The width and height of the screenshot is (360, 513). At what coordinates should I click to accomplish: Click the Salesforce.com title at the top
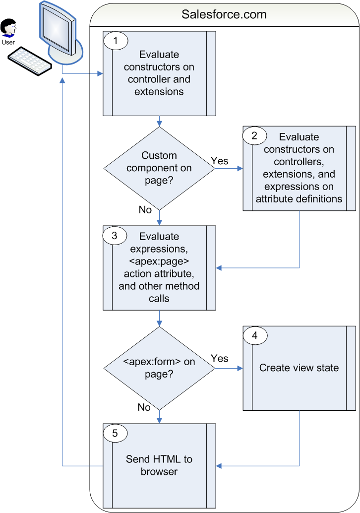(x=224, y=14)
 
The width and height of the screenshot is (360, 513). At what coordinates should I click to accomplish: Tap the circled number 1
(x=116, y=41)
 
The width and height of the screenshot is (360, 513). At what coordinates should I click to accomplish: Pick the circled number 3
(x=115, y=236)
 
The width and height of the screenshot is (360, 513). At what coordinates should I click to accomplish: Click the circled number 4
(x=255, y=335)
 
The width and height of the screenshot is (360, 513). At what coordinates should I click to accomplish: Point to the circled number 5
(x=115, y=433)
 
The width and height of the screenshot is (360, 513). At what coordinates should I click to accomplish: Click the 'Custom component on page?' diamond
(x=159, y=168)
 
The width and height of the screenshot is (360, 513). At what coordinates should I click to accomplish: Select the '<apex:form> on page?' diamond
(x=159, y=368)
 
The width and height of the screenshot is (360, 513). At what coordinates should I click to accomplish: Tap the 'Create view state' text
(x=299, y=368)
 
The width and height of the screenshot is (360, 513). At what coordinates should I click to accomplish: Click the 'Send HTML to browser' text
(x=159, y=465)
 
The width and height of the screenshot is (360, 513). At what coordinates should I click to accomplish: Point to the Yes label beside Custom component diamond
(x=220, y=161)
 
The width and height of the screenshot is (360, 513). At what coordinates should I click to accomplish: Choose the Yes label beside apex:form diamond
(x=220, y=358)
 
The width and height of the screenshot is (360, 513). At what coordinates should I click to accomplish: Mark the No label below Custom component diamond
(x=145, y=210)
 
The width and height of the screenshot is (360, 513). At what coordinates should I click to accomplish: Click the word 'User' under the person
(x=8, y=42)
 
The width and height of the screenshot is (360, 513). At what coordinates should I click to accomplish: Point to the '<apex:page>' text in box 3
(x=159, y=261)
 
